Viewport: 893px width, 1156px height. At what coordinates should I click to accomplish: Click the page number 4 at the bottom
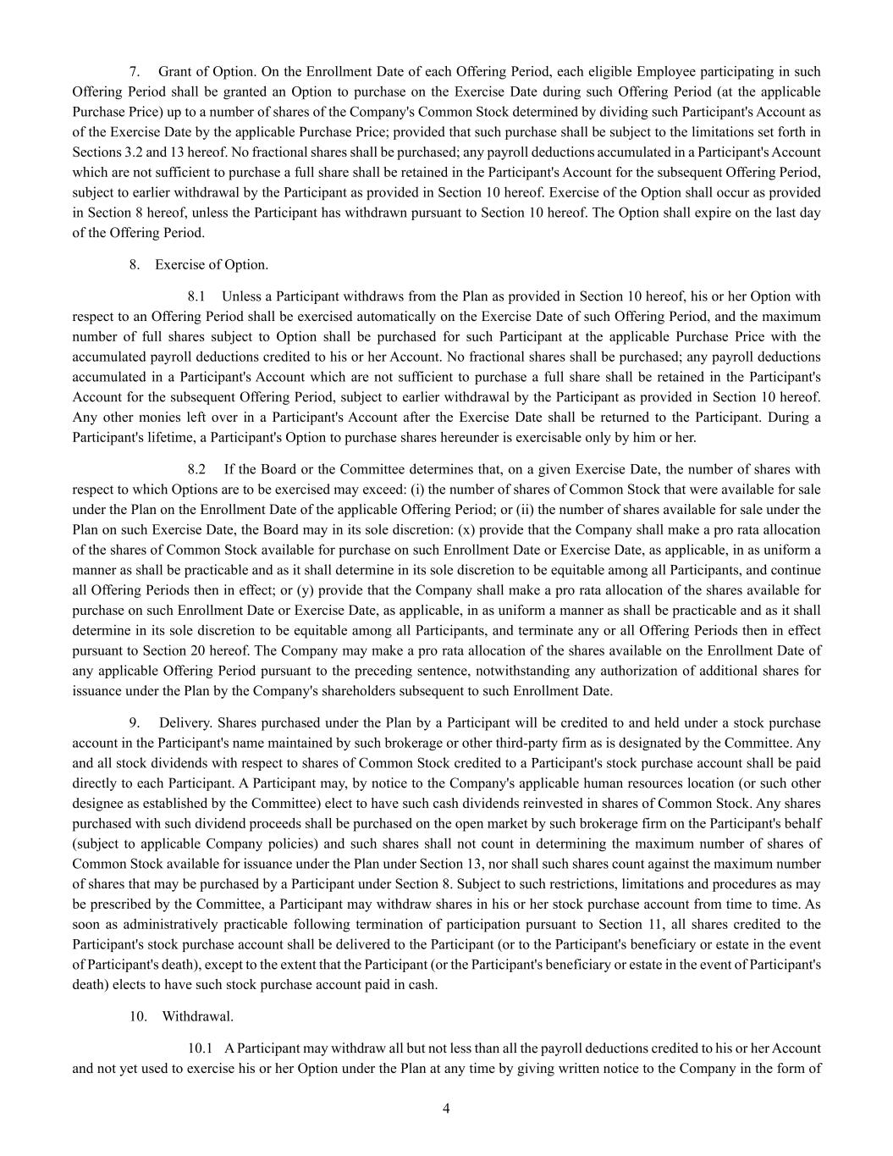[x=446, y=1109]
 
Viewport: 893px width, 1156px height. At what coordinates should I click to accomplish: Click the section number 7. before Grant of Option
[x=134, y=72]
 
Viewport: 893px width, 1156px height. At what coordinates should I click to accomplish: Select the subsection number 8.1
[x=196, y=296]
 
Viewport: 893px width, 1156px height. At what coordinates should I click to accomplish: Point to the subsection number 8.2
[x=196, y=469]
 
